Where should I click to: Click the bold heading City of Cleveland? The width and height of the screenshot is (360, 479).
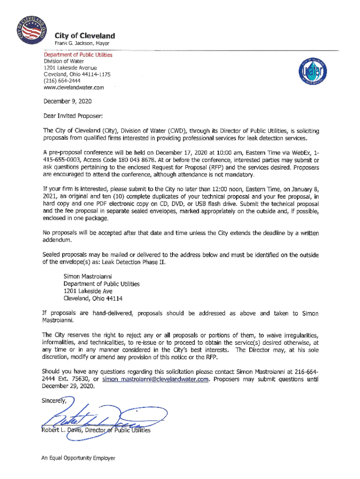click(85, 36)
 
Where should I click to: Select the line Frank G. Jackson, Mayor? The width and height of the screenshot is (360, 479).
click(82, 44)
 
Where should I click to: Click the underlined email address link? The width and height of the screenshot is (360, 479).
click(155, 379)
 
